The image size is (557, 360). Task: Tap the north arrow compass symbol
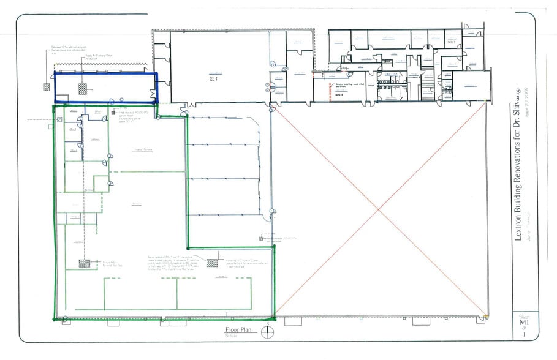point(268,331)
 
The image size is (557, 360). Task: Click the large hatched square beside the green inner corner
point(212,263)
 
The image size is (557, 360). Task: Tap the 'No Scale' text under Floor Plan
point(232,336)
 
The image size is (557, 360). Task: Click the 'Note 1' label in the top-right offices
point(414,78)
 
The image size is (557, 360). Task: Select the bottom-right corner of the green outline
point(275,318)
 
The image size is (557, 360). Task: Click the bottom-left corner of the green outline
point(54,319)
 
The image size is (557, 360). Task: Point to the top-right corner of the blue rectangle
point(157,73)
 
